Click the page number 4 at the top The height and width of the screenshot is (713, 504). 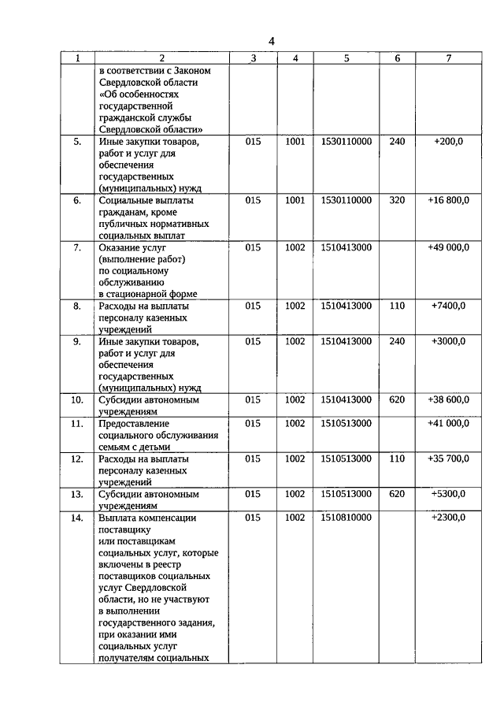(x=271, y=41)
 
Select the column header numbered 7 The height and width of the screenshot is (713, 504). (x=448, y=58)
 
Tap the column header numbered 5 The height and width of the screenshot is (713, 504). (x=346, y=58)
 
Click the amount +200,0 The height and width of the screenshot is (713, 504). (x=448, y=142)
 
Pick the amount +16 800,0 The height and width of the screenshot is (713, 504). (x=448, y=200)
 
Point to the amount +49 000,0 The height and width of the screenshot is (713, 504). (x=448, y=247)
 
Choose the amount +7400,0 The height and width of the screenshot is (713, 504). (x=448, y=305)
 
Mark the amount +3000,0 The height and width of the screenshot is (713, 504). (x=448, y=341)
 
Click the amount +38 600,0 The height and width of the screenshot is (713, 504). (x=448, y=399)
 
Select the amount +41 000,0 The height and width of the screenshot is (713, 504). (x=448, y=423)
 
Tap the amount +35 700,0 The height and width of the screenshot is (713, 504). (x=448, y=458)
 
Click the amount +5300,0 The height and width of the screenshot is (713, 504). (x=448, y=494)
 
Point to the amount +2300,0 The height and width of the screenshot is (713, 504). (x=448, y=518)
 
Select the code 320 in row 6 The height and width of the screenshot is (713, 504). (x=397, y=200)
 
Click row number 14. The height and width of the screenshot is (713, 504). (x=77, y=518)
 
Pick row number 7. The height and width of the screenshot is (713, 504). (x=77, y=247)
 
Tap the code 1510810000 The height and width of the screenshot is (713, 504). (x=346, y=518)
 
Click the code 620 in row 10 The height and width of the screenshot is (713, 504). (x=397, y=399)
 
